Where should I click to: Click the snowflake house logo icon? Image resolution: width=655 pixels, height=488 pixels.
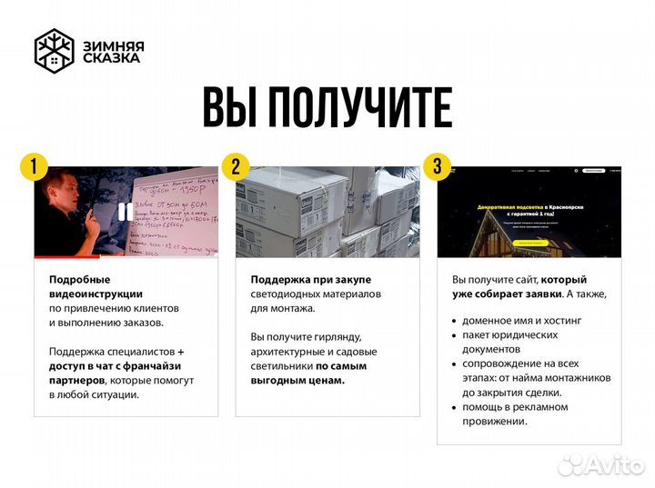tap(55, 51)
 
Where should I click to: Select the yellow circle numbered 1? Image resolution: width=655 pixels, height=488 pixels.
tap(35, 166)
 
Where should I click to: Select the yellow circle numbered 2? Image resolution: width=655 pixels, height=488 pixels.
tap(236, 166)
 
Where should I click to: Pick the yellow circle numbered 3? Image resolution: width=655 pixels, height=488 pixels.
tap(438, 166)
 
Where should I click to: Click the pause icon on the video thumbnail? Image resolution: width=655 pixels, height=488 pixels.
tap(121, 213)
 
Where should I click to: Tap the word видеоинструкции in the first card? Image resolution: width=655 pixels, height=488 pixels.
tap(96, 294)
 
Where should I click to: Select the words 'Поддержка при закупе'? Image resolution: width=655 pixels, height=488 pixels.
tap(310, 279)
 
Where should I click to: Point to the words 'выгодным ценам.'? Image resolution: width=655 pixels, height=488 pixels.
tap(297, 380)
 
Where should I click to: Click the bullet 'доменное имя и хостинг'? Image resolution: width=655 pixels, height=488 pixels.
tap(522, 321)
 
